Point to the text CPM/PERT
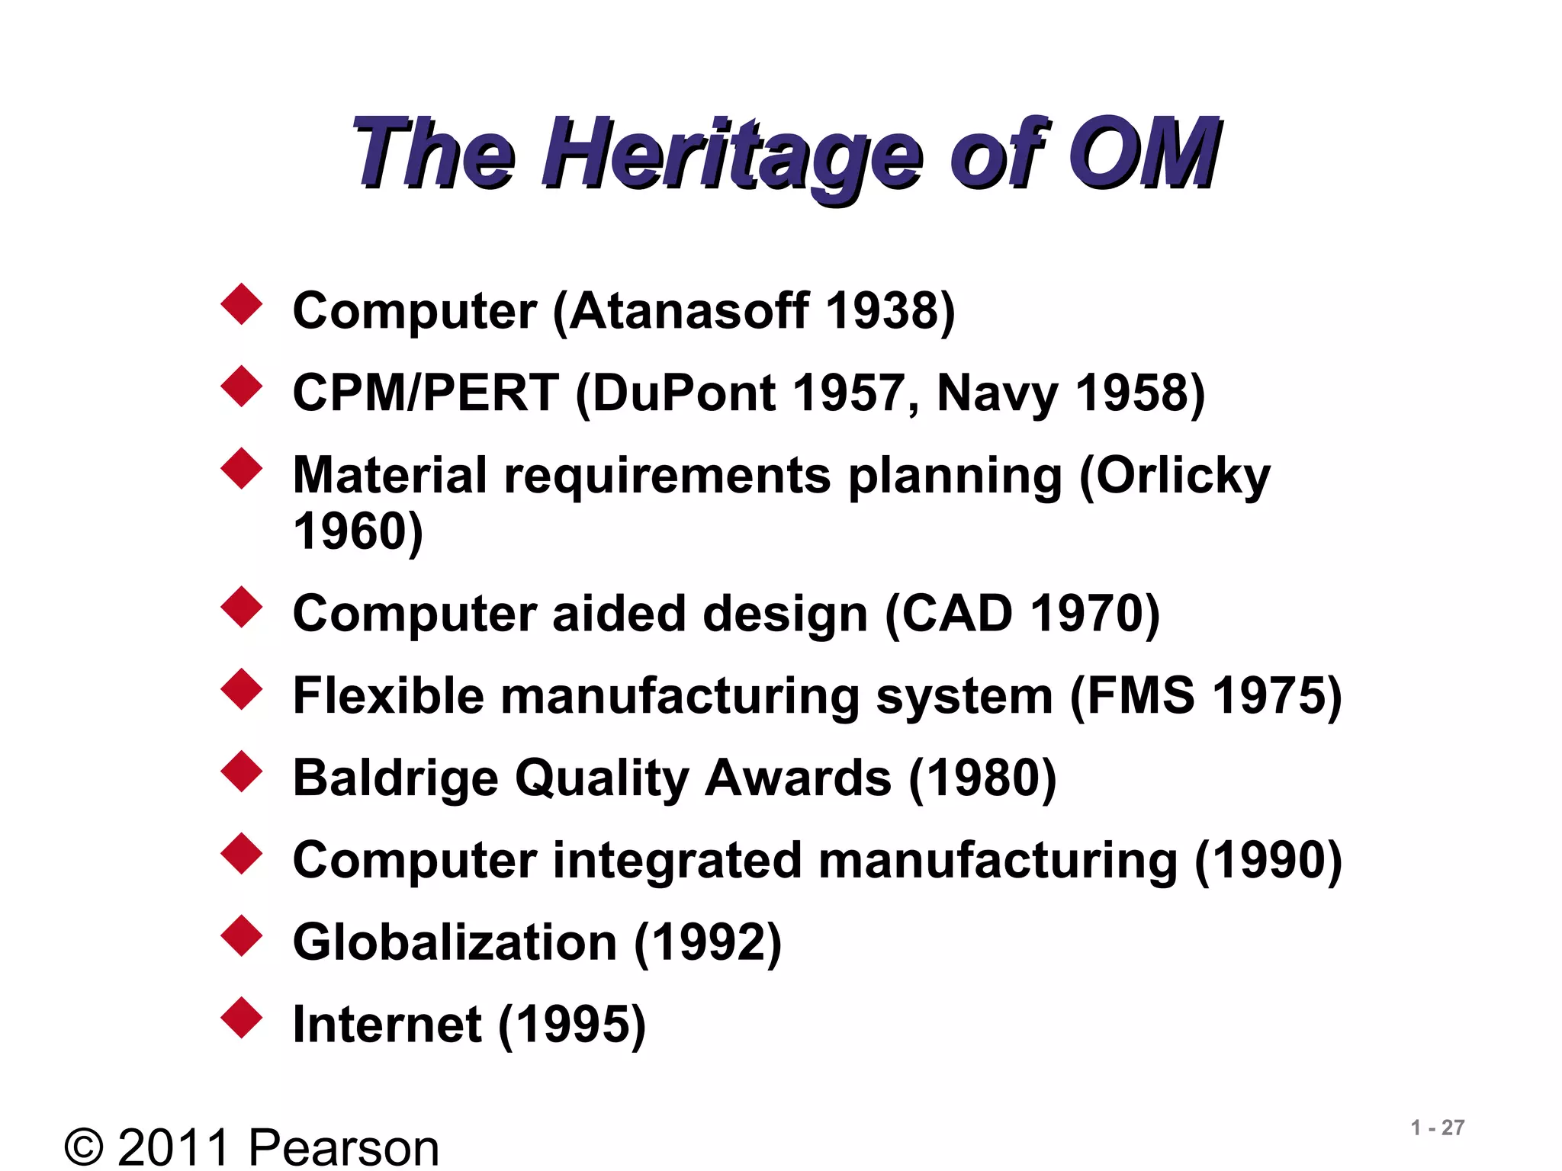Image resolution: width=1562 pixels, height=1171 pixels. [426, 393]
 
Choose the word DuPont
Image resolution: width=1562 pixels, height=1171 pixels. [683, 393]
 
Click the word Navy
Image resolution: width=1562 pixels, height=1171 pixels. [996, 395]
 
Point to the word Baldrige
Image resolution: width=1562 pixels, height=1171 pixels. [395, 779]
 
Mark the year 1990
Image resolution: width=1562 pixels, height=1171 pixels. [1268, 860]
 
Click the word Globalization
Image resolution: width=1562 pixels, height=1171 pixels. [455, 942]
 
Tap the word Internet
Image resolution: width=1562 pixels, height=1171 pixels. [387, 1024]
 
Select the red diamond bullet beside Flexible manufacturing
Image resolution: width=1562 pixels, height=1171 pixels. [242, 689]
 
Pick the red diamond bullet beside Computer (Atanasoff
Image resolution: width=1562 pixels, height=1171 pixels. [242, 304]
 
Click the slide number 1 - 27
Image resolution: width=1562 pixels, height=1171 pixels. [1438, 1128]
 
